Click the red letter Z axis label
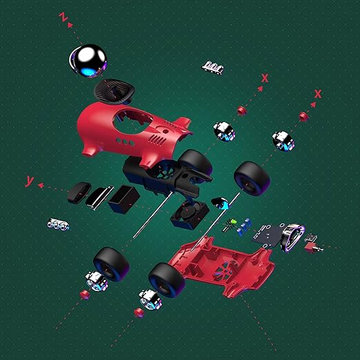[63, 17]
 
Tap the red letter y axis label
[30, 181]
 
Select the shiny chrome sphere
[88, 61]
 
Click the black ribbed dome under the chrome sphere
[114, 92]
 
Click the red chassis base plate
[221, 267]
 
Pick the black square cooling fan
[190, 214]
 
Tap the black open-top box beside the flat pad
[124, 199]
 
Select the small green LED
[234, 221]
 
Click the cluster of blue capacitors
[245, 226]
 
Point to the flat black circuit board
[268, 236]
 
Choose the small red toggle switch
[312, 248]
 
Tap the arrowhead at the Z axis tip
[70, 25]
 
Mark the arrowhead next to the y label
[41, 185]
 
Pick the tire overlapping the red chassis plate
[167, 280]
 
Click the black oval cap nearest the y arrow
[79, 192]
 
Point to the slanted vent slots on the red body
[158, 139]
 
